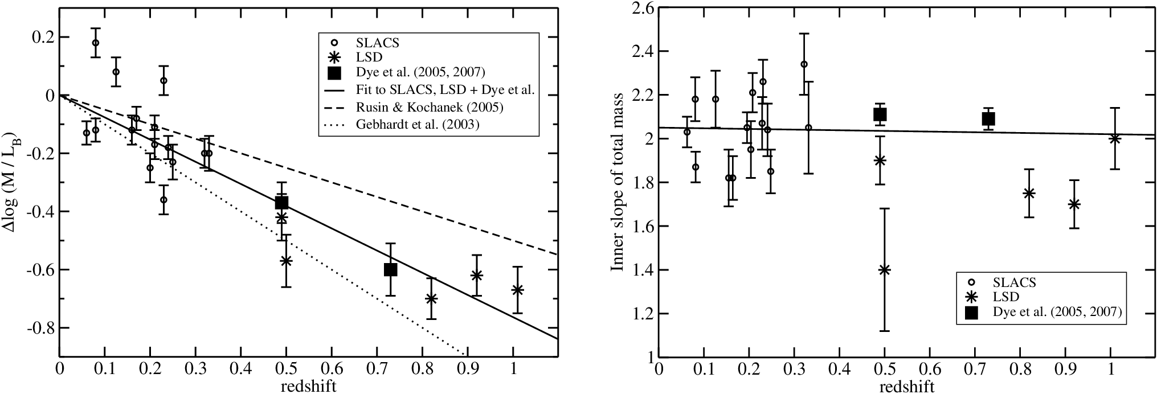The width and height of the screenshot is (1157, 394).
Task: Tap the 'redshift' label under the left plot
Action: point(308,387)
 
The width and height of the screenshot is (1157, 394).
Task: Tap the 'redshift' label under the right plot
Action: point(907,387)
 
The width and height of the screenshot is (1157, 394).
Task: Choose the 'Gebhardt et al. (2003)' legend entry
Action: point(418,124)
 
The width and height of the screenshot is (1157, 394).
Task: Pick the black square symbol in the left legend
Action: point(334,73)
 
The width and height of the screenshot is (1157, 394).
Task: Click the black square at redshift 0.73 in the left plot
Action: point(390,269)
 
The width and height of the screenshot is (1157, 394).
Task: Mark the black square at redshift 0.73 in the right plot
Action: point(988,118)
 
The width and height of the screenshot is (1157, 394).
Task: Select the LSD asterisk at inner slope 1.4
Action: point(885,270)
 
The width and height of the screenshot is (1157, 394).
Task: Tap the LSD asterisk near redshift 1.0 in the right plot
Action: point(1115,138)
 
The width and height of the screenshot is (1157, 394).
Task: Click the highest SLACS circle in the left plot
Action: point(96,43)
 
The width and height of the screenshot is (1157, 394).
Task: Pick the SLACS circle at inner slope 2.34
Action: point(804,64)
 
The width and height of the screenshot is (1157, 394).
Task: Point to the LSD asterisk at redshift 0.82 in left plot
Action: point(431,298)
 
